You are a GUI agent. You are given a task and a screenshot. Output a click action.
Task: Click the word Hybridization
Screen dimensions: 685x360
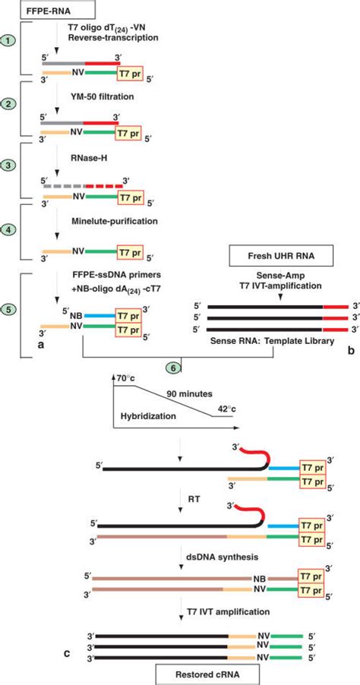coord(149,417)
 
